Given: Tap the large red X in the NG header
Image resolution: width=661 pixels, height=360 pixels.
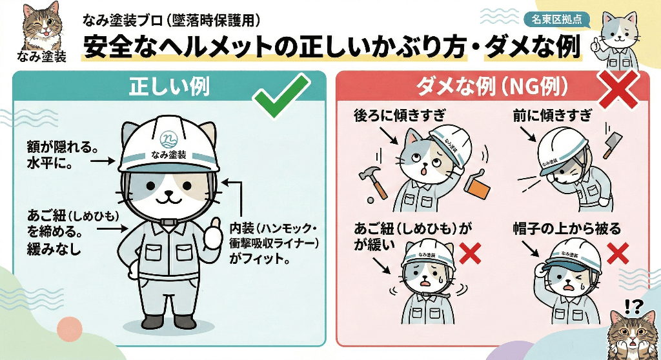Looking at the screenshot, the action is [x=618, y=90].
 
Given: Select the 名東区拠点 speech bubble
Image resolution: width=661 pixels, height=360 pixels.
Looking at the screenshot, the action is [x=556, y=19].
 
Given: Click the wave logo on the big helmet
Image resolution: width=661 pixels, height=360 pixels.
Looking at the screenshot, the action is [x=168, y=139].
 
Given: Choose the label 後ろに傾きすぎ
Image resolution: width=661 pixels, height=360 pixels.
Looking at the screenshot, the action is [x=399, y=115].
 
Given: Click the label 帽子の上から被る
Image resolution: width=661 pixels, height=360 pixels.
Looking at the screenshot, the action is [x=567, y=229].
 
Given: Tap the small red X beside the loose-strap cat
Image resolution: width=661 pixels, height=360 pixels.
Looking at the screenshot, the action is [x=470, y=254].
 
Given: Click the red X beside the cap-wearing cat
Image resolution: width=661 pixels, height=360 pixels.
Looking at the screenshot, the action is [x=618, y=254].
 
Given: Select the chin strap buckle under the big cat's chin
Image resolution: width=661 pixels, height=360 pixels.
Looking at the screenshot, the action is [x=168, y=221].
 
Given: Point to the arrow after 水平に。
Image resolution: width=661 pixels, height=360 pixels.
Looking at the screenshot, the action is [x=103, y=161].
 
